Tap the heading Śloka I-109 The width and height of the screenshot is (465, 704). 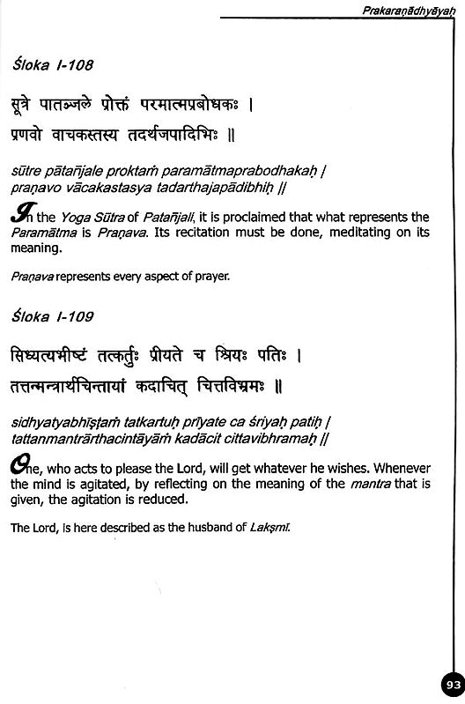pyautogui.click(x=55, y=315)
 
